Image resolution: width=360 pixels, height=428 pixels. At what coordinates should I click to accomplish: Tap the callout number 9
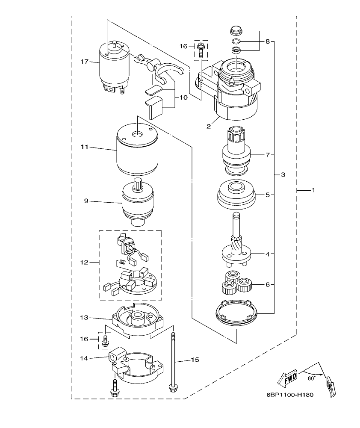point(86,200)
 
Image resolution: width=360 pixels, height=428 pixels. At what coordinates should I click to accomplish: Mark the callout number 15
point(195,360)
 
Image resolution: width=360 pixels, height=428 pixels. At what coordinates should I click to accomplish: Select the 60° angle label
point(312,378)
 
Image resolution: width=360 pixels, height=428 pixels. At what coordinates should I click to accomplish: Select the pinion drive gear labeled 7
point(236,153)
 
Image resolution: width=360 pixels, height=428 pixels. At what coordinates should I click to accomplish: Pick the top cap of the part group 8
point(235,30)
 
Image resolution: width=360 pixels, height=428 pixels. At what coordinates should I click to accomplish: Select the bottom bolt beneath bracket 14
point(115,388)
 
